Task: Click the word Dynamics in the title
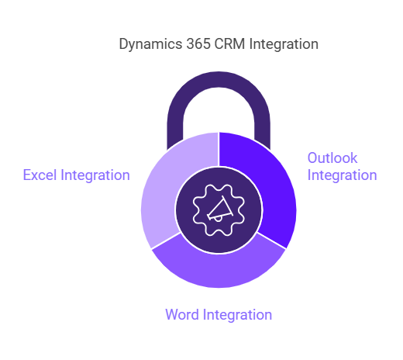click(x=150, y=44)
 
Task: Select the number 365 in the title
click(x=198, y=43)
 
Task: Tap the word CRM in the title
click(x=229, y=43)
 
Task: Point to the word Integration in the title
click(x=284, y=44)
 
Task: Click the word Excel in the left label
click(x=40, y=175)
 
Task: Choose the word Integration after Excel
click(x=95, y=175)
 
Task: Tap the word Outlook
click(x=332, y=158)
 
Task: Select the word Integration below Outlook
click(x=343, y=175)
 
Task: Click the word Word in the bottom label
click(x=182, y=314)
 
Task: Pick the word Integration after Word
click(x=237, y=315)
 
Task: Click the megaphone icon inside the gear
click(x=219, y=209)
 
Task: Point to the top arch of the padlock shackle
click(x=219, y=80)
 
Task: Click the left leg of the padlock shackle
click(x=175, y=130)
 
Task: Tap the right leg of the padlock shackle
click(x=262, y=130)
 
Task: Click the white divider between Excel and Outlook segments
click(x=219, y=150)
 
